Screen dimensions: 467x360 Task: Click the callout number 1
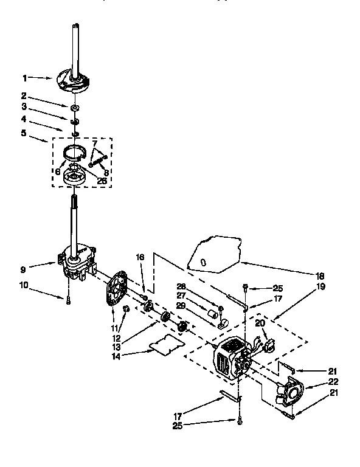pyautogui.click(x=25, y=78)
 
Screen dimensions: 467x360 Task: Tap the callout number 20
pyautogui.click(x=260, y=323)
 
